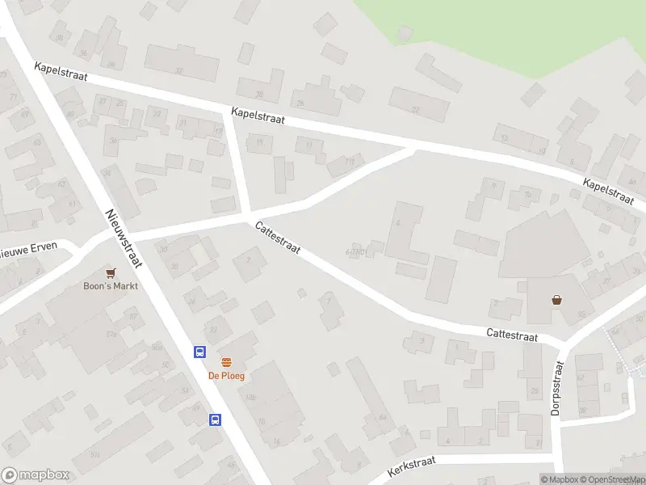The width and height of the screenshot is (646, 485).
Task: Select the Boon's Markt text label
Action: click(x=111, y=286)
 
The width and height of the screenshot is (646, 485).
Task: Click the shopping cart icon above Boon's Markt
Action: click(x=111, y=273)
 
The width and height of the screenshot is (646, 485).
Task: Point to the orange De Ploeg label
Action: click(x=226, y=376)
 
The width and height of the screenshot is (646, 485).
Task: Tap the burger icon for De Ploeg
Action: click(x=226, y=363)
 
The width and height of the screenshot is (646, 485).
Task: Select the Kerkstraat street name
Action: click(x=411, y=464)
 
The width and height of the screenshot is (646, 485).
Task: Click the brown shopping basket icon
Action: click(x=557, y=300)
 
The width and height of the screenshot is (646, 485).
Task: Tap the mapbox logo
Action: click(x=36, y=475)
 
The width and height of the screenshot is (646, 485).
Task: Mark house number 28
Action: click(x=260, y=95)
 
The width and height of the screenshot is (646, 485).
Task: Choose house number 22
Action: click(x=416, y=109)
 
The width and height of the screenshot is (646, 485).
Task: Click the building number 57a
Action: click(x=111, y=334)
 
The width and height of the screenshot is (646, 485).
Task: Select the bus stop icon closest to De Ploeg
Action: click(x=199, y=352)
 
